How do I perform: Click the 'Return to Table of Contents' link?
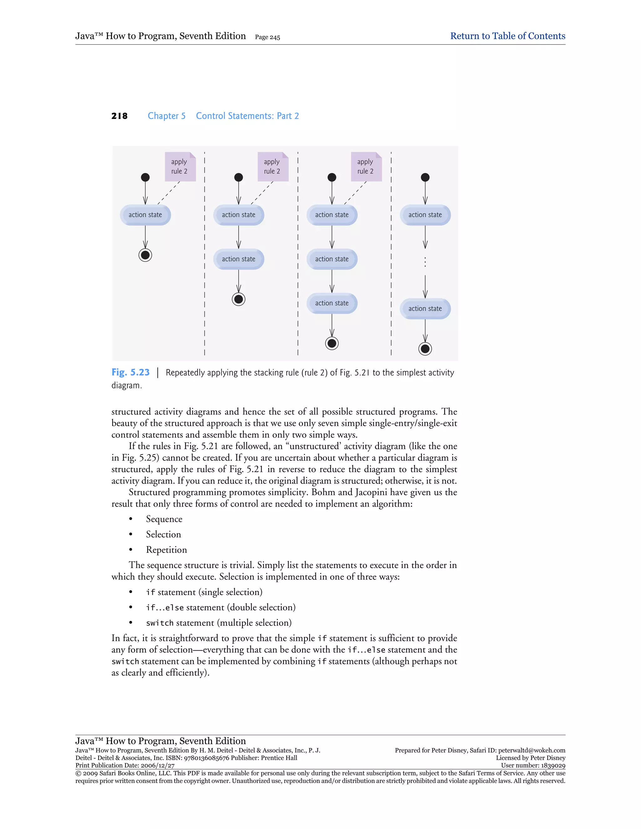coord(507,36)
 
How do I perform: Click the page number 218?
coord(119,116)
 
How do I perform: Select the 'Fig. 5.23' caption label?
coord(130,372)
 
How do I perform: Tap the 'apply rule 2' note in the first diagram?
coord(180,167)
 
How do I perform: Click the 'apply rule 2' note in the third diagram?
coord(366,167)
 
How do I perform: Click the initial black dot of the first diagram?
coord(145,177)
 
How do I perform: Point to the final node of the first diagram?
coord(145,255)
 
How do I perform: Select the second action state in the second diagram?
coord(238,259)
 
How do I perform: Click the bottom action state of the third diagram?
coord(331,303)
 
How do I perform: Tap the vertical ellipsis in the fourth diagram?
coord(425,262)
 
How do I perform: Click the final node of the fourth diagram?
coord(425,348)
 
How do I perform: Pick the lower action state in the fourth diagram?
coord(425,308)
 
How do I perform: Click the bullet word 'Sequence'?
coord(164,519)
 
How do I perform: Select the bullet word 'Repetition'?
coord(166,550)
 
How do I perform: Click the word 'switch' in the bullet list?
coord(160,623)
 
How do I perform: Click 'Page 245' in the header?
coord(267,37)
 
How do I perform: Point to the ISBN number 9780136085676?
coord(207,758)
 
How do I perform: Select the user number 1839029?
coord(552,765)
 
